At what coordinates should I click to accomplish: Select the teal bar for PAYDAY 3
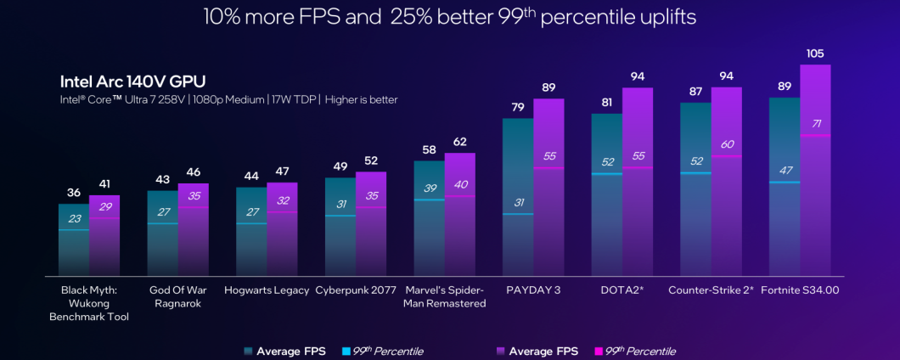coord(518,195)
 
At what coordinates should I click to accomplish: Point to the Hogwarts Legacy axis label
coord(267,290)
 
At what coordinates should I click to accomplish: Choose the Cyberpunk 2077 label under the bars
coord(356,290)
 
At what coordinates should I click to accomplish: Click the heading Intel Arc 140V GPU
coord(133,82)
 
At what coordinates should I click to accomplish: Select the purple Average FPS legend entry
coord(537,351)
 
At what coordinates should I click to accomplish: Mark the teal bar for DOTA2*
coord(606,195)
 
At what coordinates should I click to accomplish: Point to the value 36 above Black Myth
coord(74,193)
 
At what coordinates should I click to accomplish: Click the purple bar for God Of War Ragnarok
coord(193,229)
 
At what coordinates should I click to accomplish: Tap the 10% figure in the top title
coord(223,16)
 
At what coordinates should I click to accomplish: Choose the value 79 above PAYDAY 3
coord(518,107)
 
